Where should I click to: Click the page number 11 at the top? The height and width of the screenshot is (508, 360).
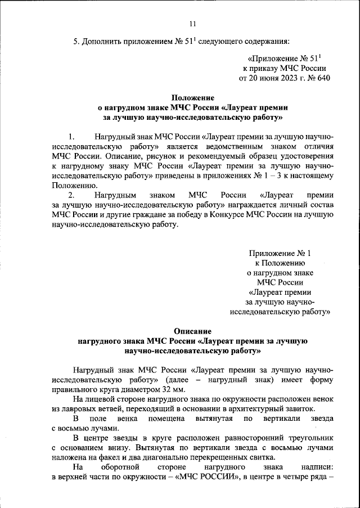192,23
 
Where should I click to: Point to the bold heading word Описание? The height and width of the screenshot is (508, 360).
192,332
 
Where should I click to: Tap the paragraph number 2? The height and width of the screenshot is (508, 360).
71,195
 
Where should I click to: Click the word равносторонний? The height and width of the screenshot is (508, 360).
232,438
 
